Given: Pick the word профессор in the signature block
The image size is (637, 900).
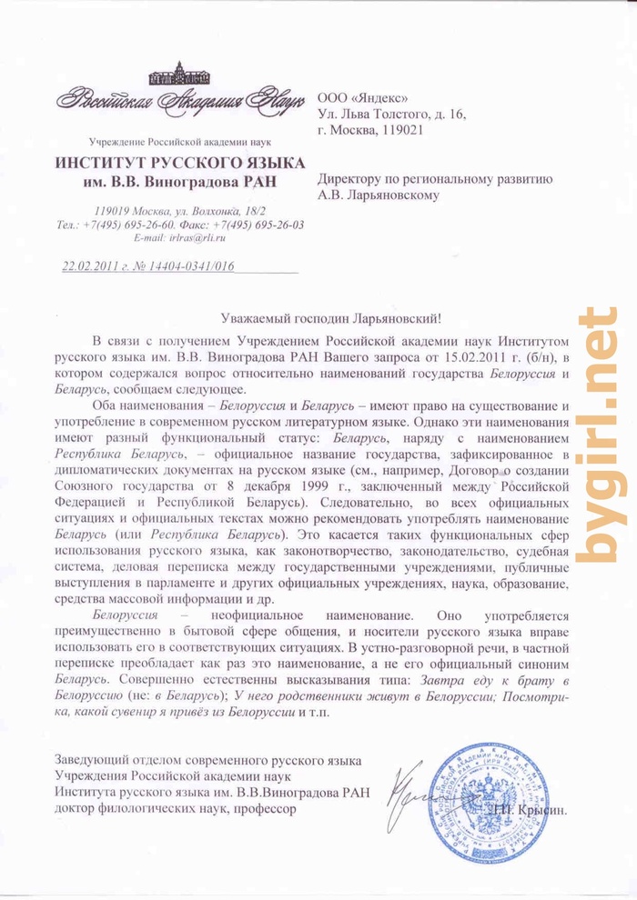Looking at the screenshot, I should (x=264, y=808).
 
